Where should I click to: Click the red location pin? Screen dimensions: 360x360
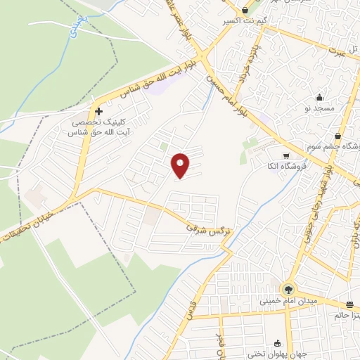(181, 165)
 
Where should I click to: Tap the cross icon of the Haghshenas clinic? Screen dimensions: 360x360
(98, 111)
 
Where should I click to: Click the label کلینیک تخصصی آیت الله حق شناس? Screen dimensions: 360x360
(98, 127)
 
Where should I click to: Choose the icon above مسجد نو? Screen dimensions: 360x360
(321, 98)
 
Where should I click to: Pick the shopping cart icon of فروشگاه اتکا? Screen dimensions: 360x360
(285, 156)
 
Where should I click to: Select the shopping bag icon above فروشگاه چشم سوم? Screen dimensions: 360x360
(339, 136)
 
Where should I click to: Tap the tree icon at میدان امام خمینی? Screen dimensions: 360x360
(288, 289)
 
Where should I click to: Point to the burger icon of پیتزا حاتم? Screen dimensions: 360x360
(349, 304)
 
